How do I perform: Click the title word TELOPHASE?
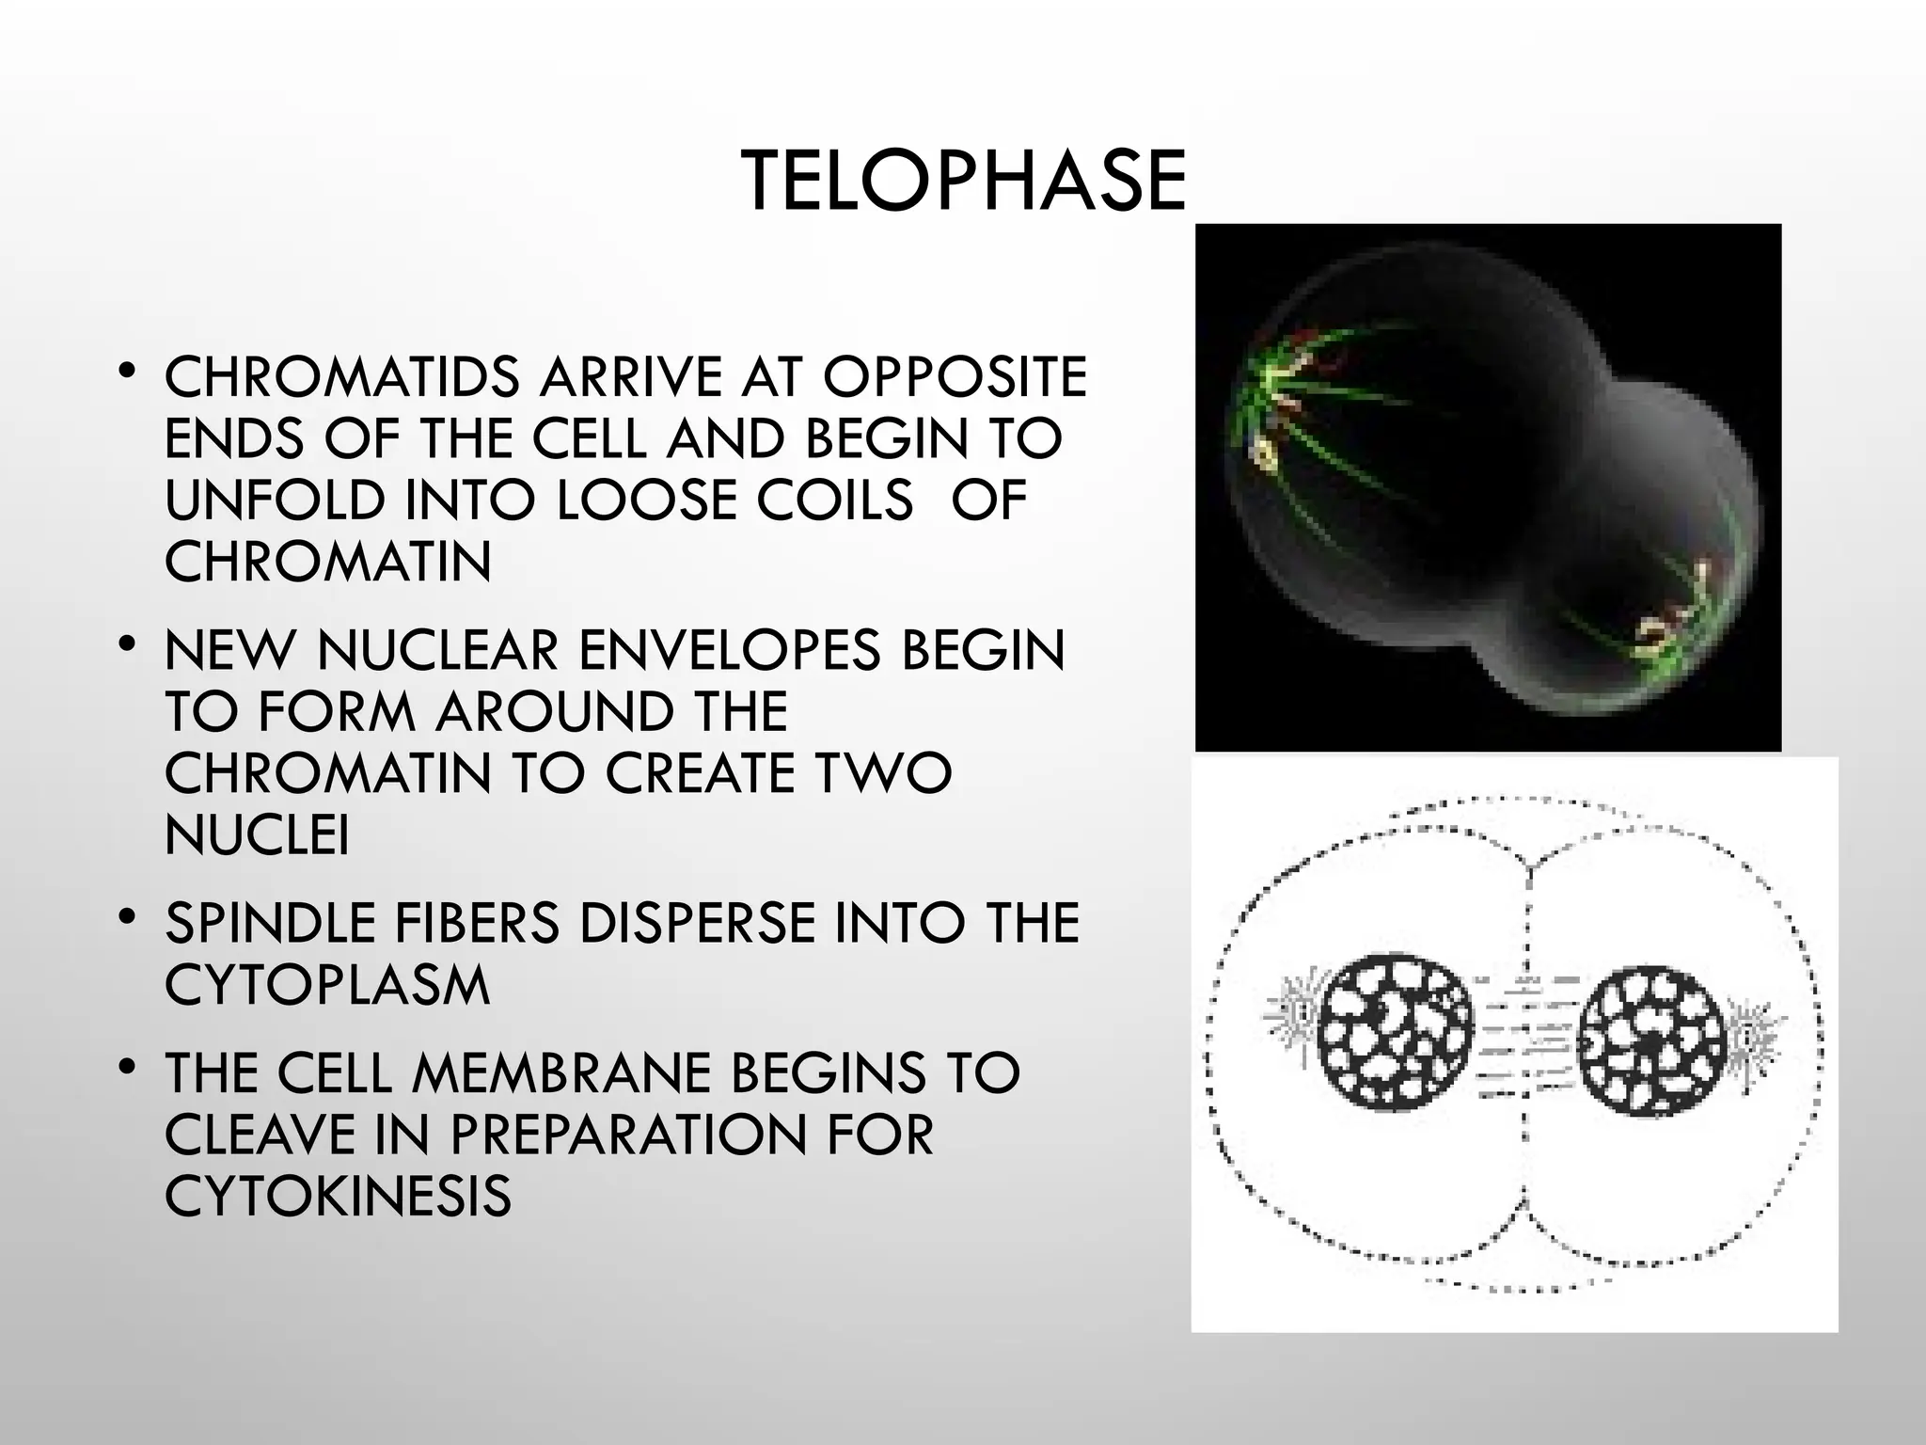click(962, 183)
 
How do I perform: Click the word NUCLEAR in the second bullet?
click(438, 650)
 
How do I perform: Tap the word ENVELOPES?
click(730, 650)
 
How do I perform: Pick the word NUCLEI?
click(257, 834)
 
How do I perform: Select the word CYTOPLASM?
click(327, 985)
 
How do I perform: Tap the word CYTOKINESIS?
click(338, 1196)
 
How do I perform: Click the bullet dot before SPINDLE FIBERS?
click(129, 917)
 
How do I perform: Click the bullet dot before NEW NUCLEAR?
click(129, 644)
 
